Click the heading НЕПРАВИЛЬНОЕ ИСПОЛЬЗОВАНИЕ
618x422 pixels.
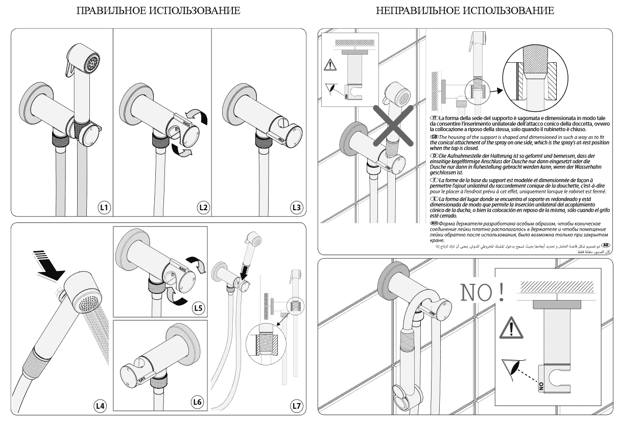pyautogui.click(x=464, y=10)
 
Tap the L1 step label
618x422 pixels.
pyautogui.click(x=104, y=207)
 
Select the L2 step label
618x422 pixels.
pyautogui.click(x=203, y=207)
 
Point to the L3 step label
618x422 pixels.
pyautogui.click(x=296, y=207)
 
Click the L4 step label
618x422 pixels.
pyautogui.click(x=101, y=406)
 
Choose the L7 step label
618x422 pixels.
pyautogui.click(x=296, y=406)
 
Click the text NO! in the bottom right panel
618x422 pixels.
pyautogui.click(x=483, y=291)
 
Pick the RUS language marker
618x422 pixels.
pyautogui.click(x=435, y=223)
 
